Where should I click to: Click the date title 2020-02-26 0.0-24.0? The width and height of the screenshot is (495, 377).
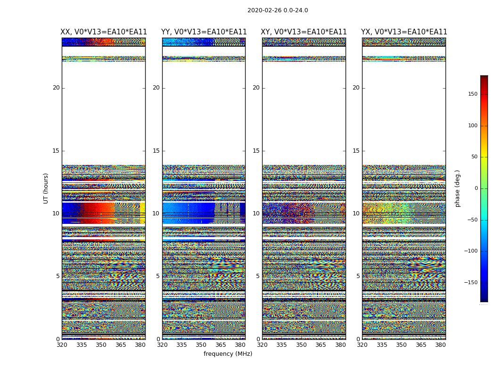coord(278,10)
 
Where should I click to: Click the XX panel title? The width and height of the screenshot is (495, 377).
coord(104,32)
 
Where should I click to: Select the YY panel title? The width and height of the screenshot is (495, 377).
coord(204,32)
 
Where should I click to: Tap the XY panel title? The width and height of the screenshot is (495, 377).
coord(304,32)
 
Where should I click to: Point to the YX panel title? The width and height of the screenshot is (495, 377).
coord(404,32)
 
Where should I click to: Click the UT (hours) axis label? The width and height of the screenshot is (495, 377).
coord(46,188)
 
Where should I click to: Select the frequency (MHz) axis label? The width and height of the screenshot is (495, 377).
coord(228,354)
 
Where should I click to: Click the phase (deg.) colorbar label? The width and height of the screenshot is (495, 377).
coord(457,188)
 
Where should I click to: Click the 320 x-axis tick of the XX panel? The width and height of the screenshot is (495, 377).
coord(62,345)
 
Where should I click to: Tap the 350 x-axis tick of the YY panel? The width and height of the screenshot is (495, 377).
coord(201,345)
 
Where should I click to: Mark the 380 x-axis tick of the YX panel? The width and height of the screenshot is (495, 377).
coord(440,345)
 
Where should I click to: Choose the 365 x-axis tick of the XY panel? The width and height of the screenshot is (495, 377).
coord(321,345)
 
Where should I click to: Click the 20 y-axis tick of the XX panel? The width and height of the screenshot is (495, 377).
coord(56,88)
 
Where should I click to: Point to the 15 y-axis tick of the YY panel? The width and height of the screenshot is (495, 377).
coord(156,151)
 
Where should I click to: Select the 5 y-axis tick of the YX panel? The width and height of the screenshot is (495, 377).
coord(358,276)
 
